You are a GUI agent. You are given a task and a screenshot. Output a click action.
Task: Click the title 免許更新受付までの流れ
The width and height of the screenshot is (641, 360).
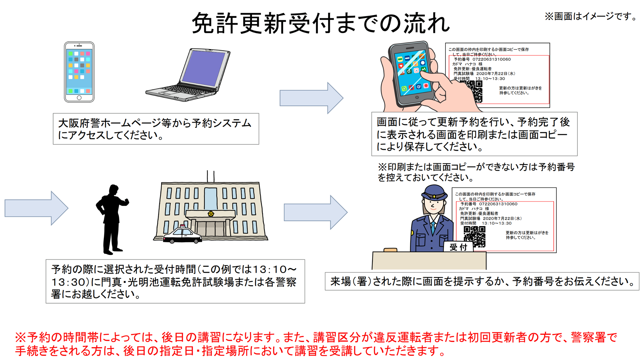click(x=321, y=23)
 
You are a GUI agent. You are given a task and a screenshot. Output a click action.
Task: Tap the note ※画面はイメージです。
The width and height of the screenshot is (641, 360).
click(x=591, y=16)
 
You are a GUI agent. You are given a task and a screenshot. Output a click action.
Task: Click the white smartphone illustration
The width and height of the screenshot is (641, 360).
click(x=79, y=72)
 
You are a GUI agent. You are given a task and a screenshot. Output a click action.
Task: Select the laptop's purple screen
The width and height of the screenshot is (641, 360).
click(x=204, y=68)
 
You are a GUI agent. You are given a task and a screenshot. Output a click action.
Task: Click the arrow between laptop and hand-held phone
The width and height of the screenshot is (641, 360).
click(x=311, y=98)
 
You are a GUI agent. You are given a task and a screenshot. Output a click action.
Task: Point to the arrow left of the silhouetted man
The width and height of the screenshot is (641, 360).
click(x=36, y=208)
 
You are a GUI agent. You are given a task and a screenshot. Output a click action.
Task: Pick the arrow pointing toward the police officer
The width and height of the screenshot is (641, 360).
click(x=315, y=212)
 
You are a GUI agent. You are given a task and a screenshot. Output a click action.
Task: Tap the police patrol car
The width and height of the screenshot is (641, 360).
click(x=182, y=235)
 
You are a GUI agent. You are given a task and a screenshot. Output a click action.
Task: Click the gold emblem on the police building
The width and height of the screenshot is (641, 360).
click(x=211, y=214)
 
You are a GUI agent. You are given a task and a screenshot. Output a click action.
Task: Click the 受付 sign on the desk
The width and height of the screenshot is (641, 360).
click(x=458, y=247)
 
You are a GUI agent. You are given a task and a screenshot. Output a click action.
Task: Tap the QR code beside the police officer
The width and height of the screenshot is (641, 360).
click(x=474, y=237)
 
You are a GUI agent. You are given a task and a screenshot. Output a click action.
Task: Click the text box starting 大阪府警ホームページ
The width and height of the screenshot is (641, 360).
click(x=156, y=129)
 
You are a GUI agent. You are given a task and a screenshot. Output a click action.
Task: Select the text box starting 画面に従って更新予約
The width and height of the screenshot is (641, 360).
click(x=474, y=134)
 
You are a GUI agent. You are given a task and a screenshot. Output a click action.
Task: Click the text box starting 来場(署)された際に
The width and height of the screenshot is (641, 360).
click(x=482, y=281)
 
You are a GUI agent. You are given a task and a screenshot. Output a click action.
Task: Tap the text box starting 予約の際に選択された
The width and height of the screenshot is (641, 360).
click(x=175, y=281)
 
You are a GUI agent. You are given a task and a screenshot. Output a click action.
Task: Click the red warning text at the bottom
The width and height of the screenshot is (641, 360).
click(x=316, y=344)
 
